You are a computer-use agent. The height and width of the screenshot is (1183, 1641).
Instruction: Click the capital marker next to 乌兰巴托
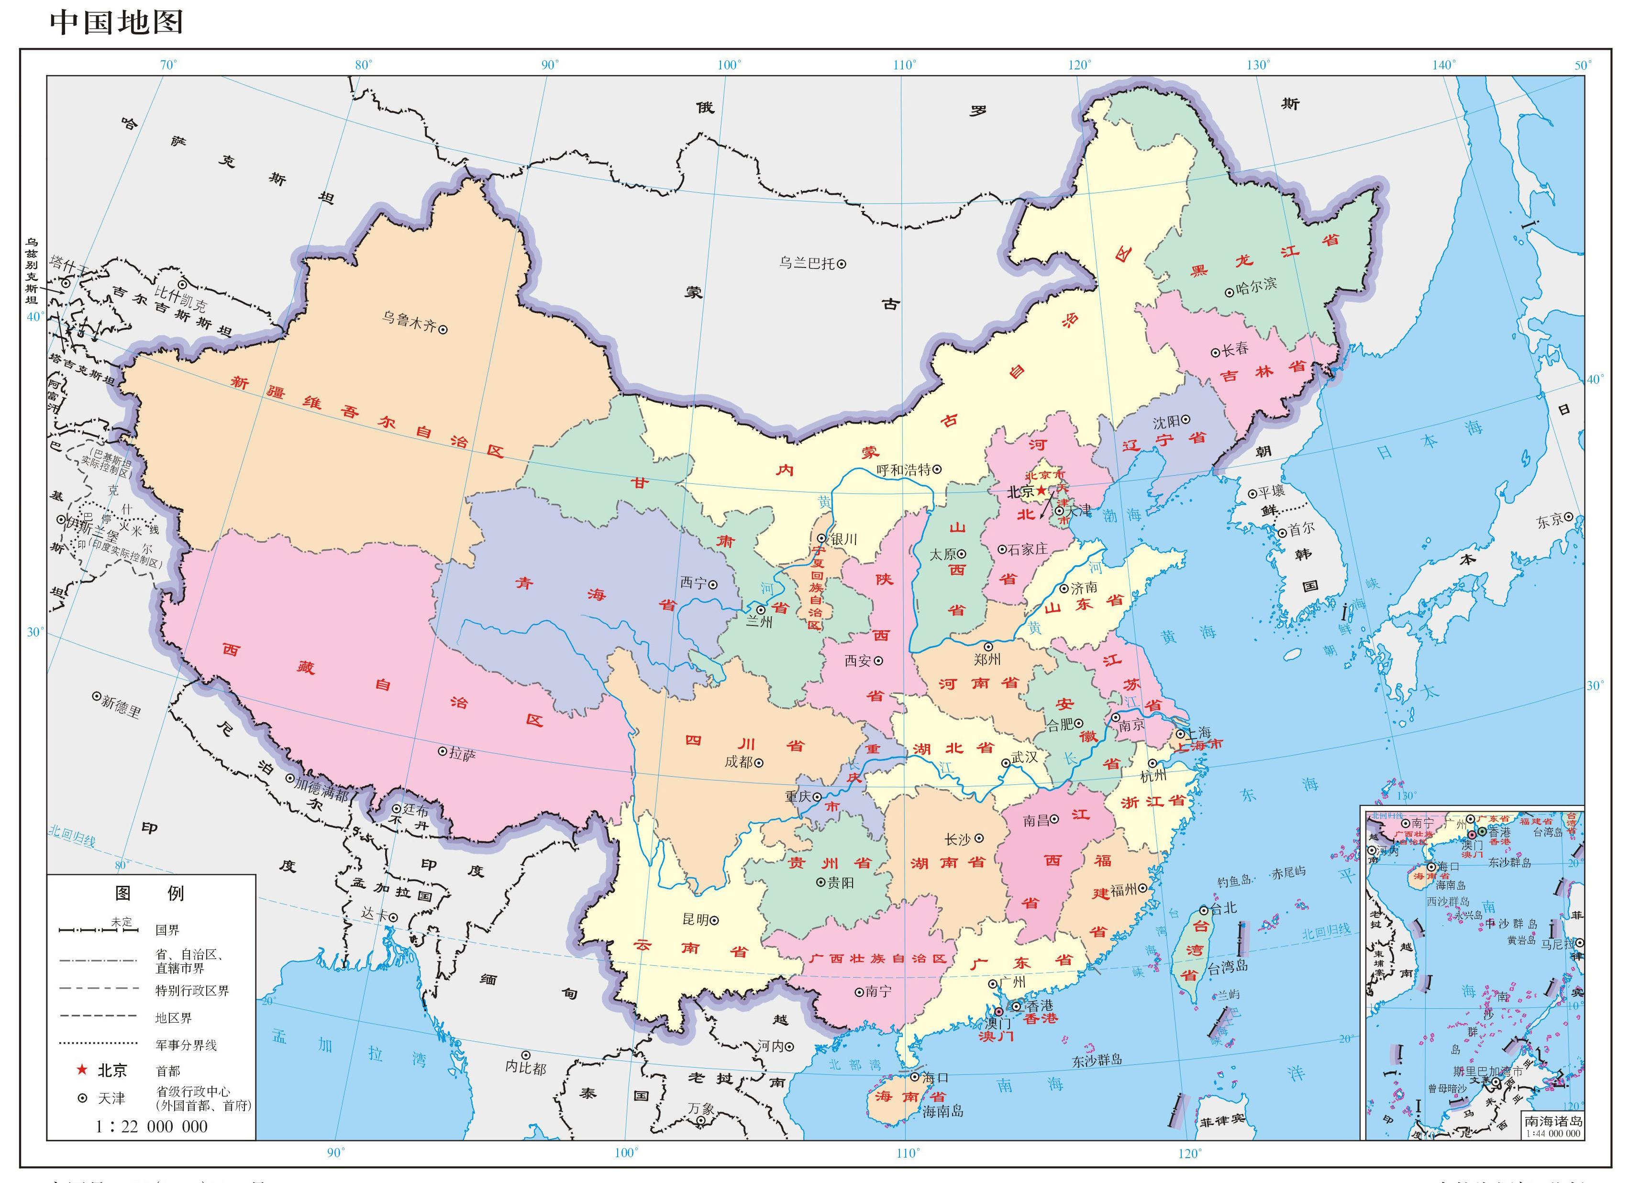point(842,264)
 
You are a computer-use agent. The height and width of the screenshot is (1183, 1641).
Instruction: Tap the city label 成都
point(739,761)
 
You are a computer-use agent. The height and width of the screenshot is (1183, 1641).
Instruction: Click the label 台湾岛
point(1227,966)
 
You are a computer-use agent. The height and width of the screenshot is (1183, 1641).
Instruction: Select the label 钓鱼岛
point(1234,882)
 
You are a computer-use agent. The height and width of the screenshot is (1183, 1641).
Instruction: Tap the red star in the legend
point(82,1070)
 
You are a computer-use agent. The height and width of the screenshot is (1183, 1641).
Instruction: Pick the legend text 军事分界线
point(186,1045)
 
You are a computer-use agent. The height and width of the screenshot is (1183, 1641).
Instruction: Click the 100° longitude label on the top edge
point(729,65)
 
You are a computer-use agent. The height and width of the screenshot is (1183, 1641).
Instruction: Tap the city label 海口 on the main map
point(935,1077)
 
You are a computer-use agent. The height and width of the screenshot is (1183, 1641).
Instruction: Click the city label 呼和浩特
point(904,469)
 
